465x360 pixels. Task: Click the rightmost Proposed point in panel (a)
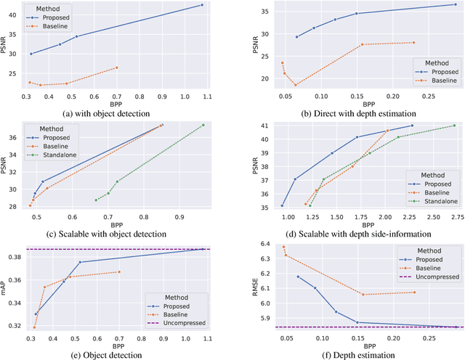coord(202,5)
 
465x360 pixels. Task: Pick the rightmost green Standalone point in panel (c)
coord(203,125)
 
